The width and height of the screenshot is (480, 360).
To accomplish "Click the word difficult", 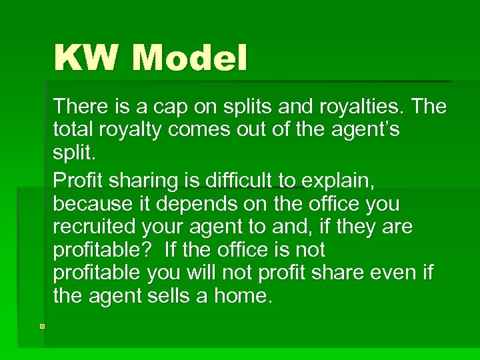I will click(237, 180).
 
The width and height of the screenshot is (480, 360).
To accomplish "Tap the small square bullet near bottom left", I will click(41, 326).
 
